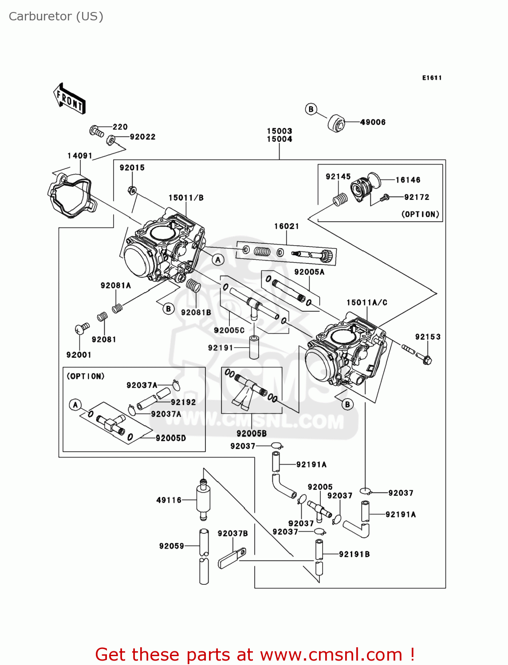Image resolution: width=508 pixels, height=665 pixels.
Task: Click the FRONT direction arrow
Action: (x=69, y=99)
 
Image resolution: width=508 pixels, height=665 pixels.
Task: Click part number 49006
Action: (x=373, y=122)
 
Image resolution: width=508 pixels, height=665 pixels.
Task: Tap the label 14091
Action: (x=80, y=156)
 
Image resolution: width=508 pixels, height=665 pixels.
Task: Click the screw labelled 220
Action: (x=96, y=131)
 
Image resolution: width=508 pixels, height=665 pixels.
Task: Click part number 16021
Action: (x=287, y=227)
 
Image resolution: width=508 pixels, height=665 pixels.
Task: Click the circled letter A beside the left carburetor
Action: (x=218, y=260)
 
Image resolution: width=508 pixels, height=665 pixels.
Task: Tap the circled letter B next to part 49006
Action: (x=311, y=109)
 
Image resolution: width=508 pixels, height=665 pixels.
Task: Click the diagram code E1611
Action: (x=432, y=78)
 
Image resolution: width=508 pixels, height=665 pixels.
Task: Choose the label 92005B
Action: (x=252, y=434)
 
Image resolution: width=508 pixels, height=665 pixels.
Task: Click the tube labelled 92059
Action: (x=204, y=556)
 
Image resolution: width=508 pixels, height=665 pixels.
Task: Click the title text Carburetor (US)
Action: (x=56, y=16)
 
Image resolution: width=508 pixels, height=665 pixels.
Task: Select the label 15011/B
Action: (x=186, y=198)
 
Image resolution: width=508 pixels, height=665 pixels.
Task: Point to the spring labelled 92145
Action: (x=340, y=200)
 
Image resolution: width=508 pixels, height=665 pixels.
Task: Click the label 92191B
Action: (x=354, y=554)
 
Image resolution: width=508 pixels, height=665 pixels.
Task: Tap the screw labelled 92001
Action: (x=81, y=329)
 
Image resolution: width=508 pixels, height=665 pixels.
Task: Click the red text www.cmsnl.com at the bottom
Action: (x=331, y=655)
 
